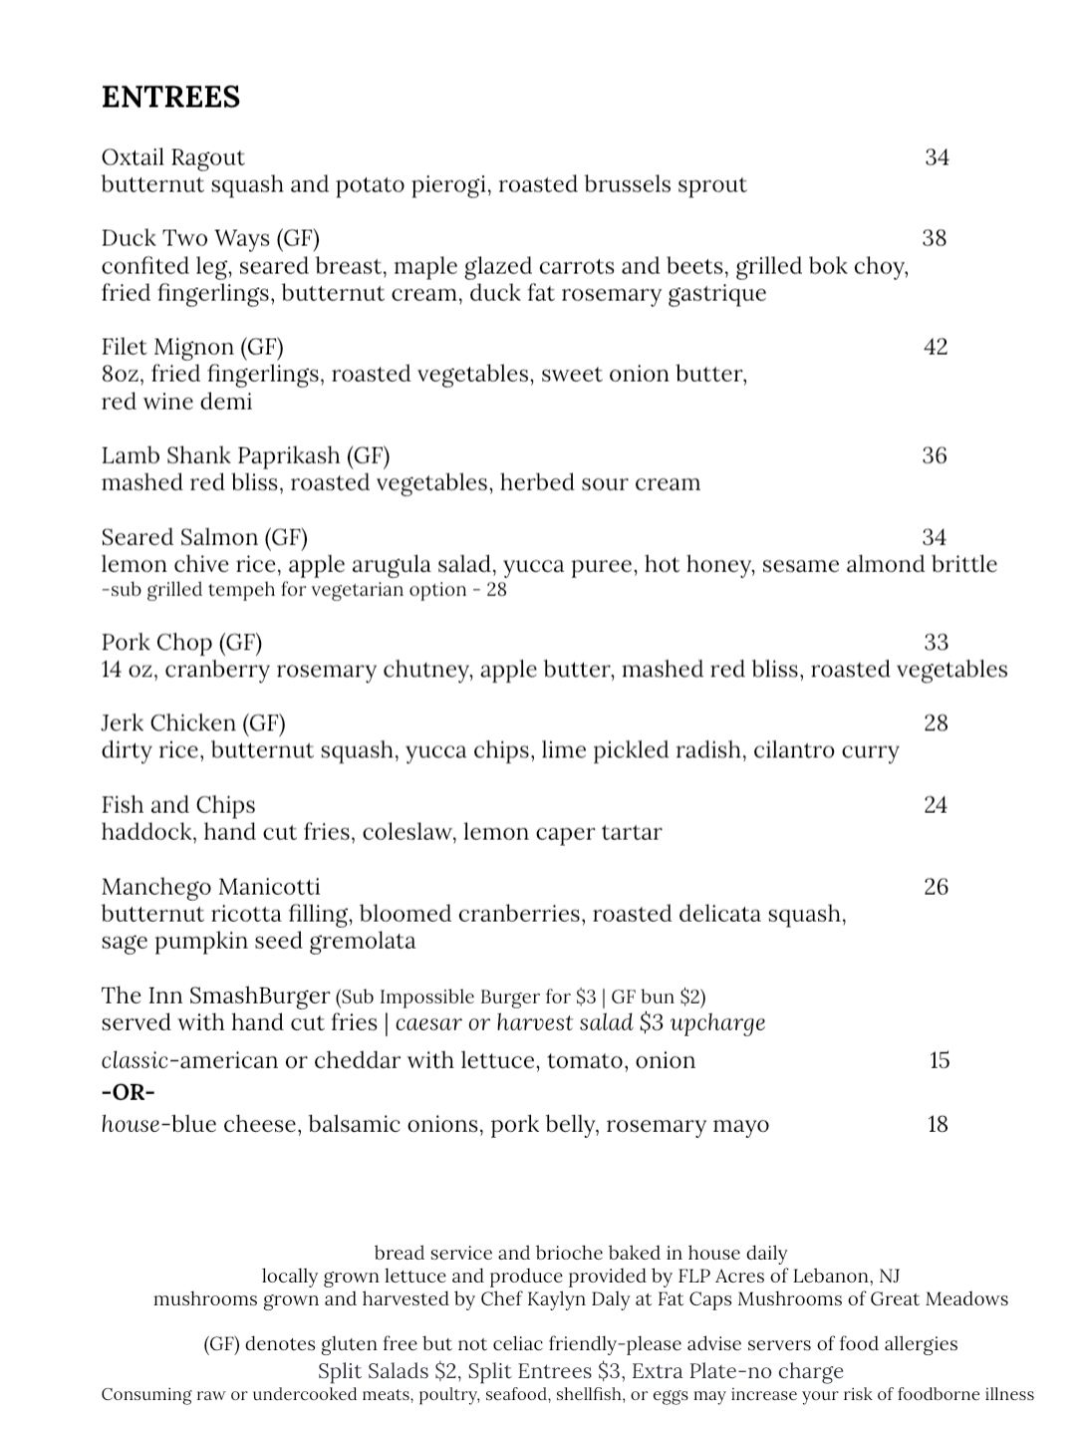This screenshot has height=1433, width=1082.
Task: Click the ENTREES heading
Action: coord(170,98)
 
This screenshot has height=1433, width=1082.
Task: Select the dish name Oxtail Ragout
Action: coord(172,157)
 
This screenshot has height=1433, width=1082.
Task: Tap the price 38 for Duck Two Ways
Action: coord(934,238)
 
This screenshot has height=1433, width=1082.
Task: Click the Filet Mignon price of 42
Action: coord(935,347)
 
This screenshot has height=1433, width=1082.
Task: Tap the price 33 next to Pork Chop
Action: coord(936,643)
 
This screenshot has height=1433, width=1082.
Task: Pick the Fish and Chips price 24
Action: coord(935,805)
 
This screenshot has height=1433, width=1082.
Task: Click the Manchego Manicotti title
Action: coord(210,887)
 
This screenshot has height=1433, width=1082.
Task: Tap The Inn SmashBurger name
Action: coord(215,996)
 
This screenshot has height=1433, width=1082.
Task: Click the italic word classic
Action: coord(132,1060)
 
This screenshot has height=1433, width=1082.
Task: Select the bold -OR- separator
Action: coord(129,1092)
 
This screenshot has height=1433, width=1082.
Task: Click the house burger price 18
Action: coord(937,1125)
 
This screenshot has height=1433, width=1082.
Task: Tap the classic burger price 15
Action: coord(939,1060)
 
